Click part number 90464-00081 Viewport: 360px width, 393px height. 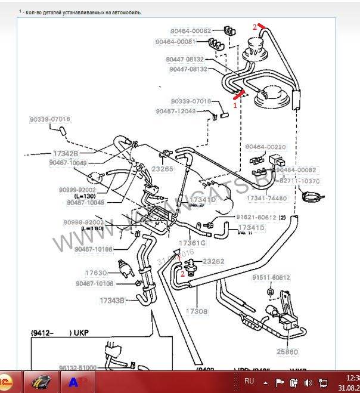point(175,42)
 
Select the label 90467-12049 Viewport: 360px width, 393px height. point(175,112)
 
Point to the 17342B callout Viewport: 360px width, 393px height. point(63,154)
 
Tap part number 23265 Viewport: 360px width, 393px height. point(162,169)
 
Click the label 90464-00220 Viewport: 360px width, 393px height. point(265,147)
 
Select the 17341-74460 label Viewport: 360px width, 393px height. point(266,198)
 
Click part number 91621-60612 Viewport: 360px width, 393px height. point(256,218)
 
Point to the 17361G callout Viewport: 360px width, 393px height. point(193,243)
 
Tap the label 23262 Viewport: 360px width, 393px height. point(213,261)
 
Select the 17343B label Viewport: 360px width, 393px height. point(111,300)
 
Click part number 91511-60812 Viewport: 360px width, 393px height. point(271,277)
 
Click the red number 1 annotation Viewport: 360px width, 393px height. point(235,104)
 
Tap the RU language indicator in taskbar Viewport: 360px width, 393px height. point(249,380)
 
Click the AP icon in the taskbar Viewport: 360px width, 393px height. point(76,382)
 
